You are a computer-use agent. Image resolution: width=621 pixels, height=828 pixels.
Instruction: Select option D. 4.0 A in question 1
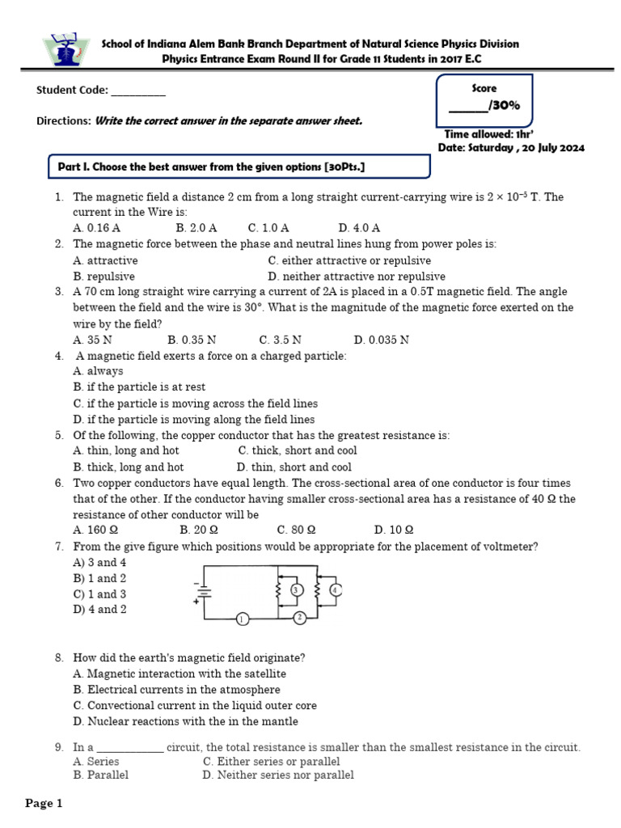tap(359, 228)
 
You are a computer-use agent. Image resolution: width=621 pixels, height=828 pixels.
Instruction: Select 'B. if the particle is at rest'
tap(139, 387)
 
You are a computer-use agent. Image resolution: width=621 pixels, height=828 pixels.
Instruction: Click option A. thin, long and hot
tap(125, 450)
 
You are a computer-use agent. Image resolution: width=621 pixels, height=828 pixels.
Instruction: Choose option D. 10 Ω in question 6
tap(394, 530)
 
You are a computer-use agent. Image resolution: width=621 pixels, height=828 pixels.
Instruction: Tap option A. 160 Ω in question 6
tap(95, 530)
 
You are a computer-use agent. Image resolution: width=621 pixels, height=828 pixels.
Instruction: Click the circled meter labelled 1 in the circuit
tap(241, 619)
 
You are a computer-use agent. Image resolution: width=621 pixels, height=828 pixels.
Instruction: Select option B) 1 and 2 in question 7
tap(99, 578)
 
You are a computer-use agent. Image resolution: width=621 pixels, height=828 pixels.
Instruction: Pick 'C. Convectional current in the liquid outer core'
tap(194, 705)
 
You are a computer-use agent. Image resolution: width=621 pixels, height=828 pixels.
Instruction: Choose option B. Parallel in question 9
tap(100, 775)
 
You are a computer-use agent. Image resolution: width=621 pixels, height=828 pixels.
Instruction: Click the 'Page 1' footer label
tap(44, 803)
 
